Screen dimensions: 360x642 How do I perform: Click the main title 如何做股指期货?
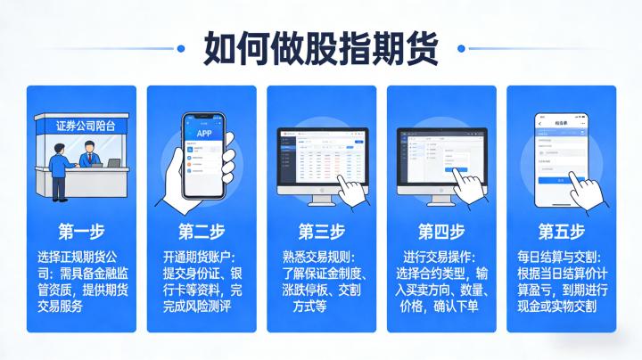pos(321,46)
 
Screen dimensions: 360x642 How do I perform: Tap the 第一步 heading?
pos(81,233)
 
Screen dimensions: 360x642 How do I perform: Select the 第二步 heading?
pos(201,233)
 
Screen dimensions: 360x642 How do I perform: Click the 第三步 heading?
pos(321,233)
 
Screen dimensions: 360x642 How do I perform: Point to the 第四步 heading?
pos(440,233)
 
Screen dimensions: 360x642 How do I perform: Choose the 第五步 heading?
pos(561,233)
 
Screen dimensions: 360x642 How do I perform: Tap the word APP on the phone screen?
pos(202,134)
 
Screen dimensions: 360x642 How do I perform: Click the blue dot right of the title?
pos(460,47)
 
